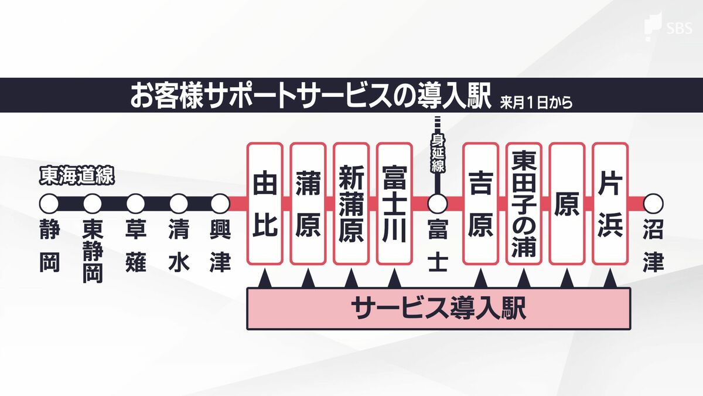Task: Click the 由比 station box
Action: tap(265, 203)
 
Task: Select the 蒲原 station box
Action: tap(308, 203)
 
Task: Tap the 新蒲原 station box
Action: tap(351, 203)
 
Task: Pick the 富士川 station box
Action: tap(394, 203)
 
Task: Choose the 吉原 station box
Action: tap(480, 203)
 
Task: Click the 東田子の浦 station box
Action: tap(524, 203)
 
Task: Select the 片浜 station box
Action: tap(610, 203)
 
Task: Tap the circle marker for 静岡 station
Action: tap(49, 204)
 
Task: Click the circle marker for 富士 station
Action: tap(437, 204)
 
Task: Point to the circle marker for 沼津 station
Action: tap(653, 204)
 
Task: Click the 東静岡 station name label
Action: tap(93, 251)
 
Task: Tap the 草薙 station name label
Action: tap(135, 246)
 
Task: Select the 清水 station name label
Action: tap(178, 246)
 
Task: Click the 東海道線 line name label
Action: tap(76, 175)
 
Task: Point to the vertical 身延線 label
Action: tap(438, 154)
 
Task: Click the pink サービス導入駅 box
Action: tap(438, 309)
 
